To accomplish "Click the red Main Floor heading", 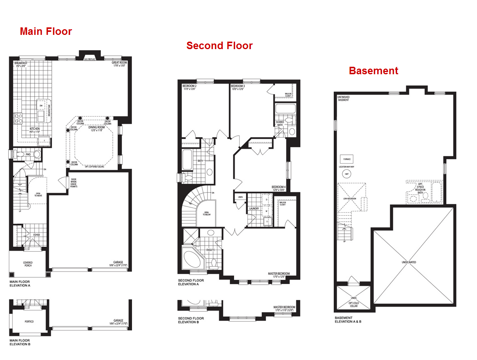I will (46, 31).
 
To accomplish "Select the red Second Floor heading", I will (219, 46).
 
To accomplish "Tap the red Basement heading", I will (373, 71).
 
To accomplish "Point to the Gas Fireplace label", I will (90, 59).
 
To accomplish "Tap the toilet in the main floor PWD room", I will (37, 154).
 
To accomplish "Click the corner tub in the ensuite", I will (192, 258).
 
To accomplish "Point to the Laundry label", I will (254, 208).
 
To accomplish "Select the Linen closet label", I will (240, 197).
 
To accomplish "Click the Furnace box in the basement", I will (347, 159).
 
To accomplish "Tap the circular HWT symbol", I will (346, 174).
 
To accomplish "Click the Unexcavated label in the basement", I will (409, 262).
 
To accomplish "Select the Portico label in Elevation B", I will (29, 321).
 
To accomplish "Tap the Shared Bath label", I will (280, 123).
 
